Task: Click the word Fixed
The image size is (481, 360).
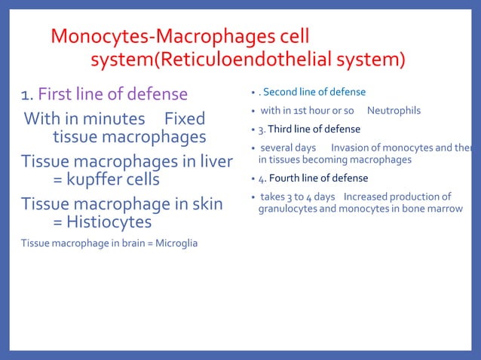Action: tap(184, 118)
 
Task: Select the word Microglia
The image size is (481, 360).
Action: tap(176, 243)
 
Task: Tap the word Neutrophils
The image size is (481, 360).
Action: tap(394, 111)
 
